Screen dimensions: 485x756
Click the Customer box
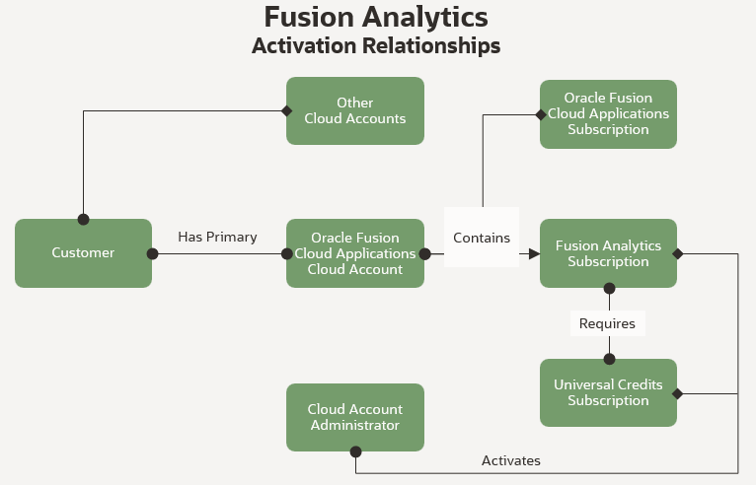pyautogui.click(x=83, y=253)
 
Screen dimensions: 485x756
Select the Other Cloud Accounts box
pyautogui.click(x=355, y=110)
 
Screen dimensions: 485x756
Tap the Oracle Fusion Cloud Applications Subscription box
pyautogui.click(x=608, y=114)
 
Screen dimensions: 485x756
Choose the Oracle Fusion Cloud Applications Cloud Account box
pyautogui.click(x=355, y=253)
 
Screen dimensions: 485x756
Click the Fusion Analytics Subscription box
pyautogui.click(x=608, y=253)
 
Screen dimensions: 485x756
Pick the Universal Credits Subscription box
pyautogui.click(x=608, y=392)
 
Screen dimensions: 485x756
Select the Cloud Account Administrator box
pyautogui.click(x=355, y=417)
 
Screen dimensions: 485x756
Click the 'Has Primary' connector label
pyautogui.click(x=217, y=237)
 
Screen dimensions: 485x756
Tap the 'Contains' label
pyautogui.click(x=482, y=238)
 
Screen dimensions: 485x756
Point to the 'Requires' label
pyautogui.click(x=607, y=323)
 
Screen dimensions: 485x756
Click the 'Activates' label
pyautogui.click(x=510, y=460)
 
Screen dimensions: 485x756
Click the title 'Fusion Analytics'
pyautogui.click(x=376, y=17)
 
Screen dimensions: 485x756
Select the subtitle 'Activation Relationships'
pyautogui.click(x=376, y=46)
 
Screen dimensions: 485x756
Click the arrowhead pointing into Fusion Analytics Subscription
pyautogui.click(x=534, y=253)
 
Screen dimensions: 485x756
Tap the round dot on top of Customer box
pyautogui.click(x=83, y=219)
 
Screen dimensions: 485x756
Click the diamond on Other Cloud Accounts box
pyautogui.click(x=287, y=110)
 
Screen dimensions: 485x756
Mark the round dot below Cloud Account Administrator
pyautogui.click(x=355, y=451)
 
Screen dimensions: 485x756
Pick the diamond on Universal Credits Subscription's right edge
pyautogui.click(x=677, y=393)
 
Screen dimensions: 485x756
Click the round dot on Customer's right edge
pyautogui.click(x=152, y=253)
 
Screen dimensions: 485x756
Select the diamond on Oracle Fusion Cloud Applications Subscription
pyautogui.click(x=540, y=114)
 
